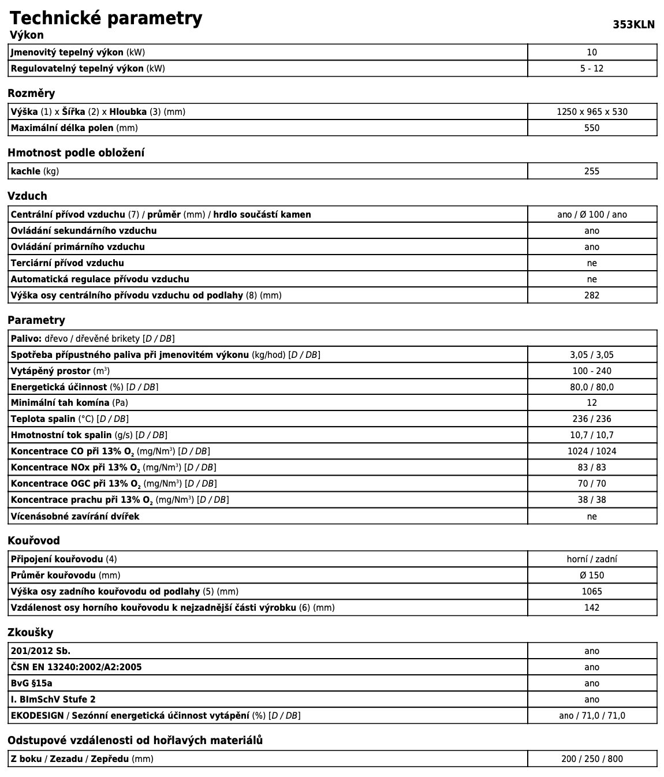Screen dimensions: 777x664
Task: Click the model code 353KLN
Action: tap(633, 24)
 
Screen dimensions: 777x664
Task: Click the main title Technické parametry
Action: tap(106, 18)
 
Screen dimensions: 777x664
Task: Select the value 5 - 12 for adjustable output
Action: tap(592, 68)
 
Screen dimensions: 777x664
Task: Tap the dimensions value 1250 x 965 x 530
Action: tap(592, 111)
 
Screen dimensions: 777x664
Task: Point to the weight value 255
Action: tap(592, 171)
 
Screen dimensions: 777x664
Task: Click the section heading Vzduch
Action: tap(27, 196)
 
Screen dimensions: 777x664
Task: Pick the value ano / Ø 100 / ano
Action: tap(592, 214)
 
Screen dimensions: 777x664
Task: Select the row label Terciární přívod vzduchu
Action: tap(67, 263)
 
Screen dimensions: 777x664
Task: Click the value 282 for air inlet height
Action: tap(592, 295)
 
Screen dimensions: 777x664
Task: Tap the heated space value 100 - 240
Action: tap(592, 371)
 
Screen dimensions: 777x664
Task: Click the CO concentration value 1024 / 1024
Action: tap(592, 451)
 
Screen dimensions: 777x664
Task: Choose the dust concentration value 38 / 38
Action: tap(592, 499)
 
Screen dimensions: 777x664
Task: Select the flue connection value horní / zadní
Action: tap(592, 559)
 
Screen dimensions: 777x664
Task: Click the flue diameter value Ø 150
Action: tap(592, 575)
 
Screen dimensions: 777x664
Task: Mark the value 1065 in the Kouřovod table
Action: tap(592, 591)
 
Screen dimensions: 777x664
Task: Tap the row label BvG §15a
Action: tap(31, 683)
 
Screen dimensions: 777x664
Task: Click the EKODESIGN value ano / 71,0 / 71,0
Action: tap(592, 715)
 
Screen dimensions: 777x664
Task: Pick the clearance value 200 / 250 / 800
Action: tap(592, 759)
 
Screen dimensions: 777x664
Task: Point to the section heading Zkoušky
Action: tap(30, 632)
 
